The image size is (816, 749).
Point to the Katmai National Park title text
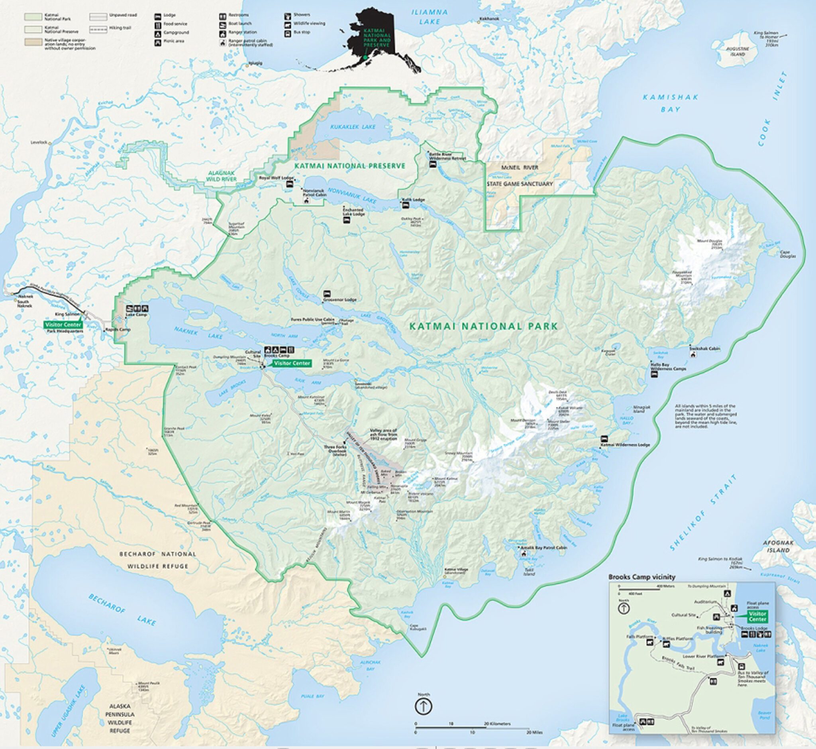tap(483, 326)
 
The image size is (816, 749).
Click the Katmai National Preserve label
tap(350, 166)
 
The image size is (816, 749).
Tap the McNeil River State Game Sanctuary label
tap(520, 175)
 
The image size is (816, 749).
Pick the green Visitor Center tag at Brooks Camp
tap(291, 363)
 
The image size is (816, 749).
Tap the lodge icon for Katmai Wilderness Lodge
tap(605, 438)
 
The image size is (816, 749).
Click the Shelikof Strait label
tap(703, 512)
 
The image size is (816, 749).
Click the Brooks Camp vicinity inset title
tap(641, 577)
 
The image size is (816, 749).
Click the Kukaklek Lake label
tap(353, 127)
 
